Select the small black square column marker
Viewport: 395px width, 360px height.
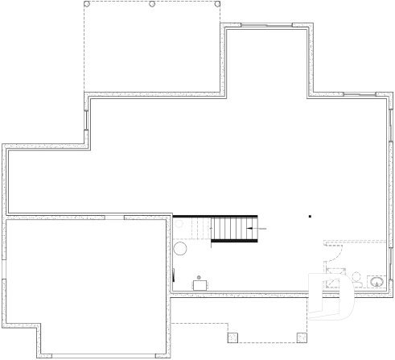(310, 216)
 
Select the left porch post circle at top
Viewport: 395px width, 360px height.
(86, 3)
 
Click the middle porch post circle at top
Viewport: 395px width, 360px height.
(152, 3)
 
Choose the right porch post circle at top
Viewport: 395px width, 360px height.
(217, 3)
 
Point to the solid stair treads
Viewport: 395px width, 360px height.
(233, 229)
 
